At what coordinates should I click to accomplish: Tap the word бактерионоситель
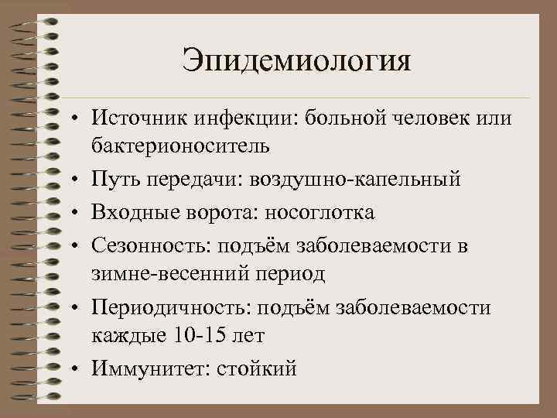coord(180,145)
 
